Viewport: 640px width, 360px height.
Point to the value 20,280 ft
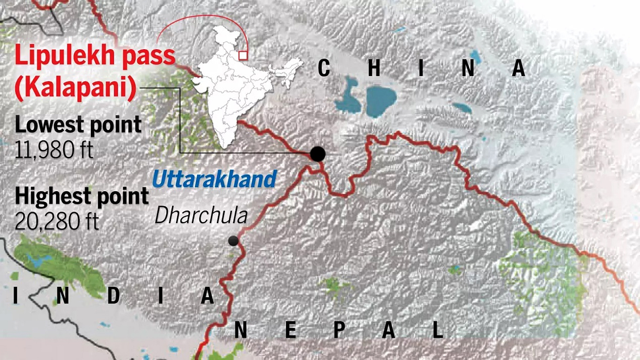[57, 221]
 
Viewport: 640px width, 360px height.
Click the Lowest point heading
[78, 125]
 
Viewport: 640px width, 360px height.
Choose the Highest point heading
[82, 196]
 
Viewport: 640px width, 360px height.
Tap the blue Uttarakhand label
[214, 180]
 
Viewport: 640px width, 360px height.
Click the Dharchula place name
[201, 216]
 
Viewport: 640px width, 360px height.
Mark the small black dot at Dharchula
[233, 241]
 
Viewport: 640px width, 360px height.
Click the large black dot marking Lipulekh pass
[318, 153]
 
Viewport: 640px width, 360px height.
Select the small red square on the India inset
[243, 55]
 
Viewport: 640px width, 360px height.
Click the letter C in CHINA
[324, 69]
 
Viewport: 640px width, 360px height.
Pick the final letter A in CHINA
[519, 69]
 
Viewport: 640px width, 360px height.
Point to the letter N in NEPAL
[241, 330]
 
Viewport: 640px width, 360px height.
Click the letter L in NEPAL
[438, 330]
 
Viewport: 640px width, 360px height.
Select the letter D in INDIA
[113, 296]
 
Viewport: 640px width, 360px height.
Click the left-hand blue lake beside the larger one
[348, 94]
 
